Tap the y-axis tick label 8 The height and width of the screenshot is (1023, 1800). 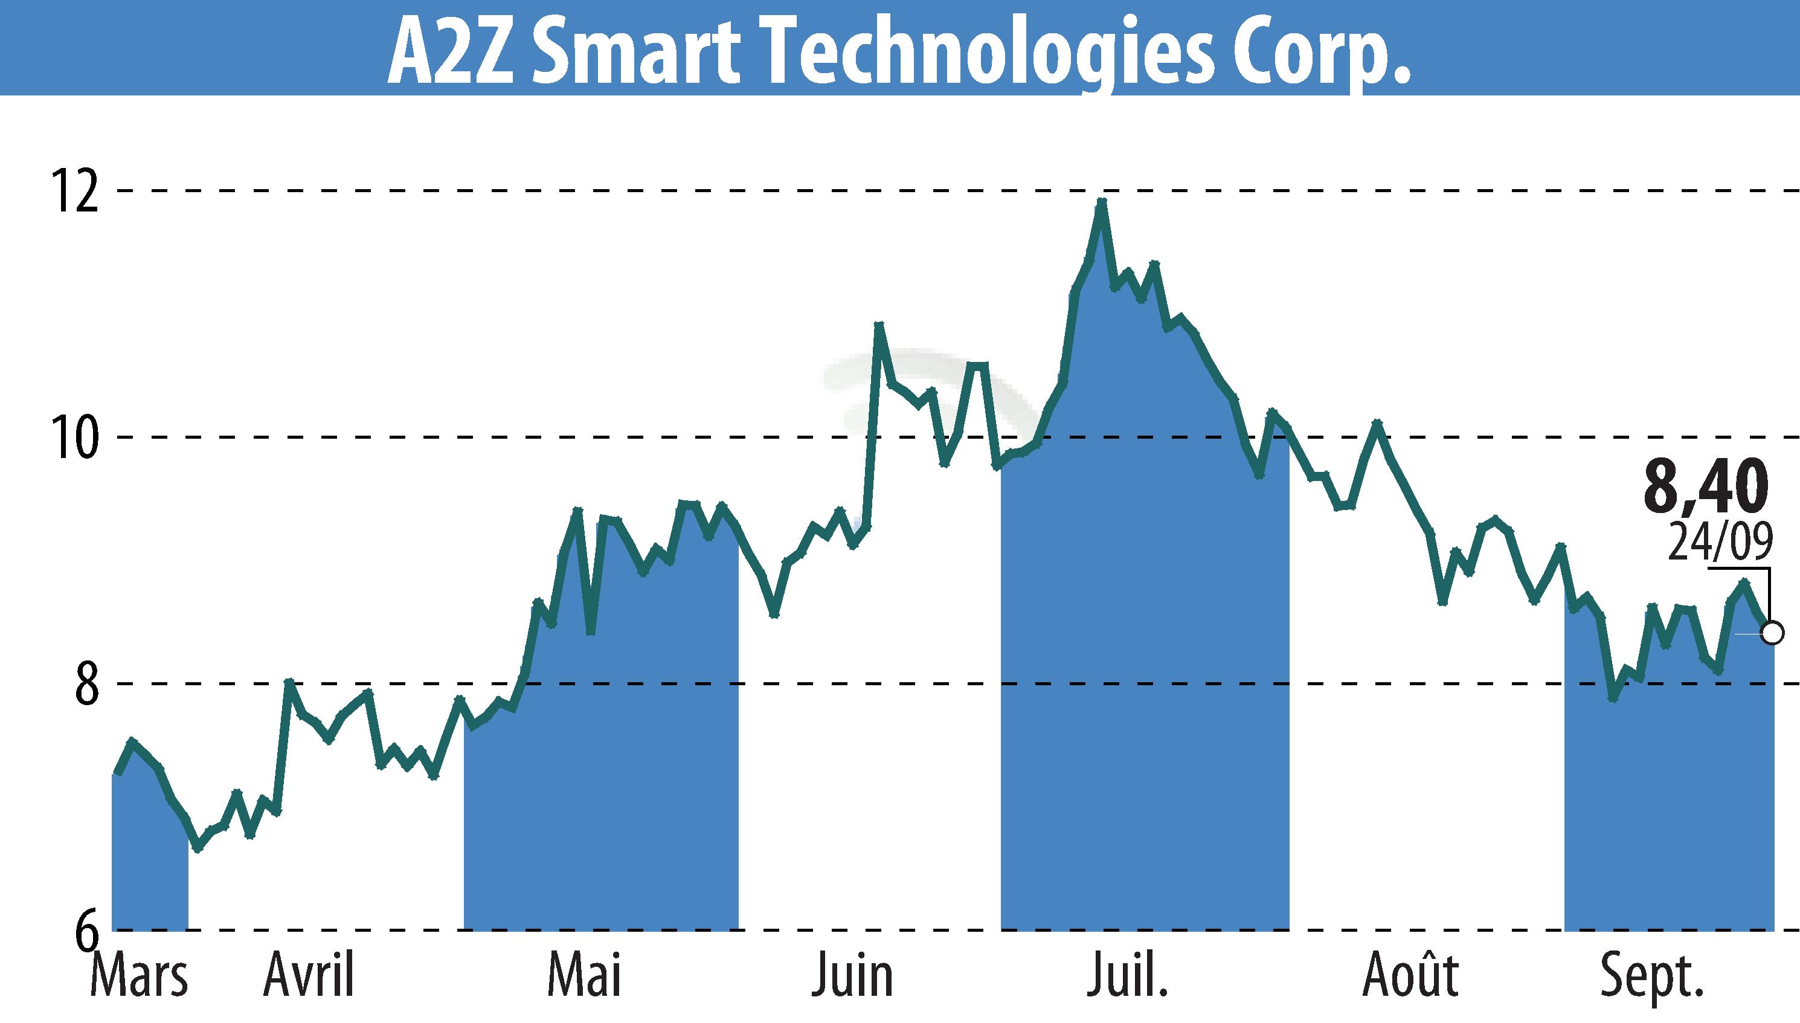coord(87,683)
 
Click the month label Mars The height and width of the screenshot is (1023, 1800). coord(139,976)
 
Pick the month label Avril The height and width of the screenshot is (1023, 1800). coord(309,976)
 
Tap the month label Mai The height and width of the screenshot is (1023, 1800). coord(584,976)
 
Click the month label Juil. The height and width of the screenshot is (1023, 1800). coord(1127,976)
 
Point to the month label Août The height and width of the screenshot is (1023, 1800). coord(1410,976)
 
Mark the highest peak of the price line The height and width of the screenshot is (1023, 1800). coord(1102,202)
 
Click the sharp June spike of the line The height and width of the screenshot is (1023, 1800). coord(878,325)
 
